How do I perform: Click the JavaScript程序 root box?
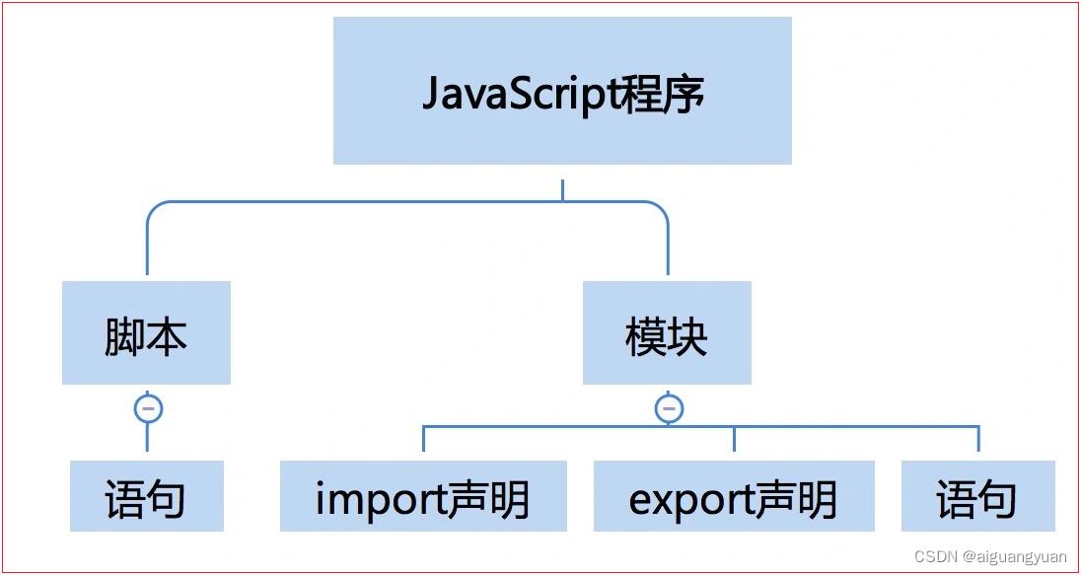(x=562, y=91)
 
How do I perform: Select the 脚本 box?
(x=146, y=332)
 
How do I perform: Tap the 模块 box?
(x=667, y=332)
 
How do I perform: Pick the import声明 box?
(x=423, y=496)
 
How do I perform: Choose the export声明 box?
(x=734, y=496)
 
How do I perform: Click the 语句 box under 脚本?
(x=147, y=496)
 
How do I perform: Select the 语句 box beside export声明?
(x=978, y=496)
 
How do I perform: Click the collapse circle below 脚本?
(x=148, y=409)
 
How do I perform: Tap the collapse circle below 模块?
(x=669, y=409)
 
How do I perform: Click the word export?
(x=691, y=499)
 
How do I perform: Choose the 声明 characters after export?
(x=796, y=498)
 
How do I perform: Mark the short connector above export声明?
(x=734, y=439)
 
